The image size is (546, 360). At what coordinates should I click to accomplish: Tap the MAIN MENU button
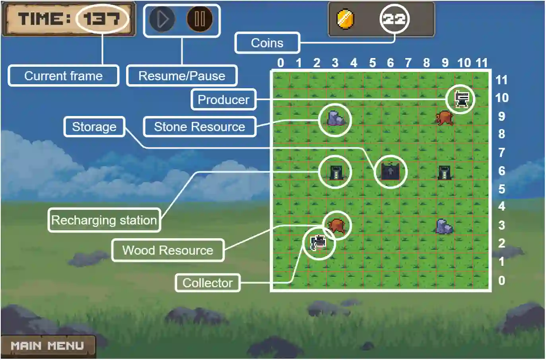pyautogui.click(x=47, y=346)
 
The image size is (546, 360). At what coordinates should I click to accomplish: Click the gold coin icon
pyautogui.click(x=345, y=19)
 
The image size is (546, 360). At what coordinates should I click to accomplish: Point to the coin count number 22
pyautogui.click(x=394, y=19)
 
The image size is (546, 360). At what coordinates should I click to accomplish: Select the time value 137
pyautogui.click(x=102, y=19)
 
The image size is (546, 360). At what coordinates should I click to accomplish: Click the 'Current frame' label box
pyautogui.click(x=64, y=76)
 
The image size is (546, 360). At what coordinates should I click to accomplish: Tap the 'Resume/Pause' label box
pyautogui.click(x=182, y=76)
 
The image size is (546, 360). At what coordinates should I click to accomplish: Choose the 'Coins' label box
pyautogui.click(x=267, y=43)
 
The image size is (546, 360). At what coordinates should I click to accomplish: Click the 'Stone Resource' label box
pyautogui.click(x=199, y=127)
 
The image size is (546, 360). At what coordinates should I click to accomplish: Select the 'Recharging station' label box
pyautogui.click(x=104, y=220)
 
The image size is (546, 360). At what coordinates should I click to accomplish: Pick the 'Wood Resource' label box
pyautogui.click(x=167, y=250)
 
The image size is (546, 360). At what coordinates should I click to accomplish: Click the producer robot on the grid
pyautogui.click(x=461, y=99)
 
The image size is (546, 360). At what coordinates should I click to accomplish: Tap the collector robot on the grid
pyautogui.click(x=319, y=242)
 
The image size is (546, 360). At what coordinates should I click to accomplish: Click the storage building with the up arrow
pyautogui.click(x=391, y=172)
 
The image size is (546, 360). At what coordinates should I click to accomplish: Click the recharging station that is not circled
pyautogui.click(x=444, y=172)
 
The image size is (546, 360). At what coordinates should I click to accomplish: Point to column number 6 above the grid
pyautogui.click(x=390, y=63)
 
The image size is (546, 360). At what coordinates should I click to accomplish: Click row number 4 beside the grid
pyautogui.click(x=501, y=206)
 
